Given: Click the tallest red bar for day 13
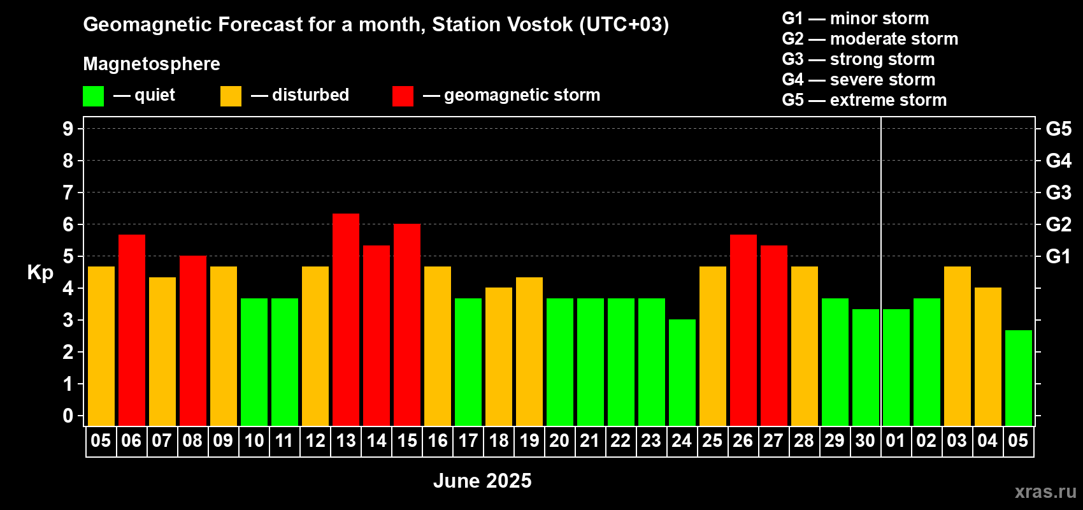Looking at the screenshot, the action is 346,319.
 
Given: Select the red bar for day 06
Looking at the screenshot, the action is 131,330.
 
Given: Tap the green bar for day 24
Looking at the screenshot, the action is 682,372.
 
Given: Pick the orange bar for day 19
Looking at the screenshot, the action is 529,351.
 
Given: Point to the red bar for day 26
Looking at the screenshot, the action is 743,330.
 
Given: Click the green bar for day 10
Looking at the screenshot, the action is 254,362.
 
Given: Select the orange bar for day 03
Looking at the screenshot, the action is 957,346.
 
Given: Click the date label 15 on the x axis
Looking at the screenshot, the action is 407,441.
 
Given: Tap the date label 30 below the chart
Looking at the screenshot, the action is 865,441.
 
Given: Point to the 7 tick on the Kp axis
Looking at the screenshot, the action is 68,193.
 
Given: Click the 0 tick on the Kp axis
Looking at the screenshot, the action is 68,416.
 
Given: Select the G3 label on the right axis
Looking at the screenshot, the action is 1059,193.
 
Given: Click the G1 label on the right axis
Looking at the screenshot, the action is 1059,256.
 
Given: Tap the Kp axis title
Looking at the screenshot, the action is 40,272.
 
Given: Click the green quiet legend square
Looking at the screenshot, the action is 93,96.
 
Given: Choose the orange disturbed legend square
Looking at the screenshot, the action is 231,96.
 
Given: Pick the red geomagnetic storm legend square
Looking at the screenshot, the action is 403,96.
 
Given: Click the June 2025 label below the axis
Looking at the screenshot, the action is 482,481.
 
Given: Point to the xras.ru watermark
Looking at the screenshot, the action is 1045,492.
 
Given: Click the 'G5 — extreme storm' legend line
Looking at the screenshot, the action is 864,100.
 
